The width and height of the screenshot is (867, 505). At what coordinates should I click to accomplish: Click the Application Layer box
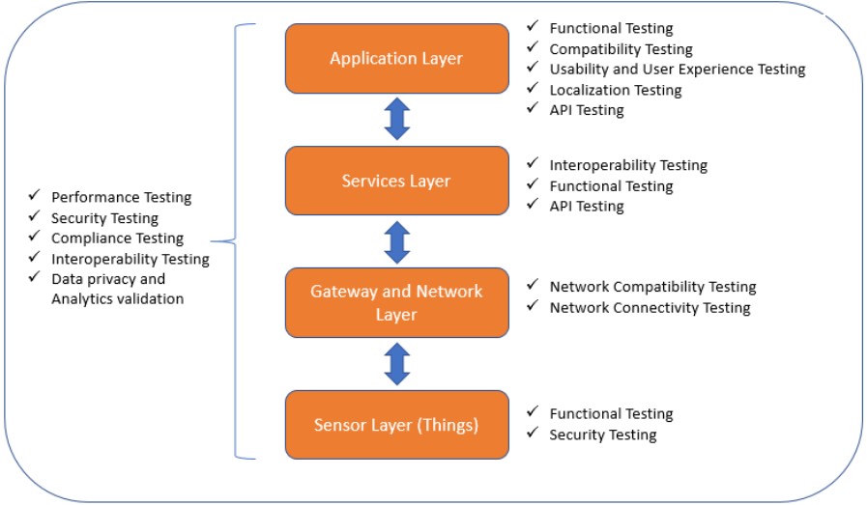(x=397, y=59)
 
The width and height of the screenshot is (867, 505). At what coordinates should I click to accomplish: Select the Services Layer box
(x=397, y=181)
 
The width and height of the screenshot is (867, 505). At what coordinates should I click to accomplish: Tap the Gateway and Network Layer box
(x=397, y=303)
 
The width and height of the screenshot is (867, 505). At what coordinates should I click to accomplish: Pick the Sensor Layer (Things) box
(x=397, y=425)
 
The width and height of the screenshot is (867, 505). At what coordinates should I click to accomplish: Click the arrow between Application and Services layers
(x=397, y=119)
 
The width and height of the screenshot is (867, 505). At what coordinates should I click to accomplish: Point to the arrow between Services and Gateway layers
(x=397, y=242)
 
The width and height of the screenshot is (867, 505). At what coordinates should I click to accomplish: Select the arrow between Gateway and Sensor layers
(x=397, y=364)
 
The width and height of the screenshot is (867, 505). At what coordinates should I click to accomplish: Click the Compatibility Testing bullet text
(x=621, y=49)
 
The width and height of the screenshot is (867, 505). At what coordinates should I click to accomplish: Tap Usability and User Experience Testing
(x=678, y=70)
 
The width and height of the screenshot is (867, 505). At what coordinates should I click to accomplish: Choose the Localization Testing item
(x=616, y=90)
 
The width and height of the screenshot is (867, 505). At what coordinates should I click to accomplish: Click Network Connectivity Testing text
(x=650, y=308)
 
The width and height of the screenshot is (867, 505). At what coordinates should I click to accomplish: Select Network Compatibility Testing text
(x=652, y=287)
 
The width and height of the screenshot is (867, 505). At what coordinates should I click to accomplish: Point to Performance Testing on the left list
(x=121, y=197)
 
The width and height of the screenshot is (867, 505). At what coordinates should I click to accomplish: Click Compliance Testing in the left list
(x=117, y=238)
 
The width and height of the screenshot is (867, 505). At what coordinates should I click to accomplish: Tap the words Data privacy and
(x=108, y=279)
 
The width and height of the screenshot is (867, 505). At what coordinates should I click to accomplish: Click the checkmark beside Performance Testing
(x=34, y=195)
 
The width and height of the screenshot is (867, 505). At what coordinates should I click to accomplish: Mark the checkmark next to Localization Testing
(x=533, y=87)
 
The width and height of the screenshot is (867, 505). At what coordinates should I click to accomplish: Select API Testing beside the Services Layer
(x=586, y=206)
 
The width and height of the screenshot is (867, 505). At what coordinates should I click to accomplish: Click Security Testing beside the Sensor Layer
(x=603, y=435)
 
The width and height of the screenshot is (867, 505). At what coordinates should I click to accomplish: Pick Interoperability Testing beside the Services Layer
(x=628, y=165)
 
